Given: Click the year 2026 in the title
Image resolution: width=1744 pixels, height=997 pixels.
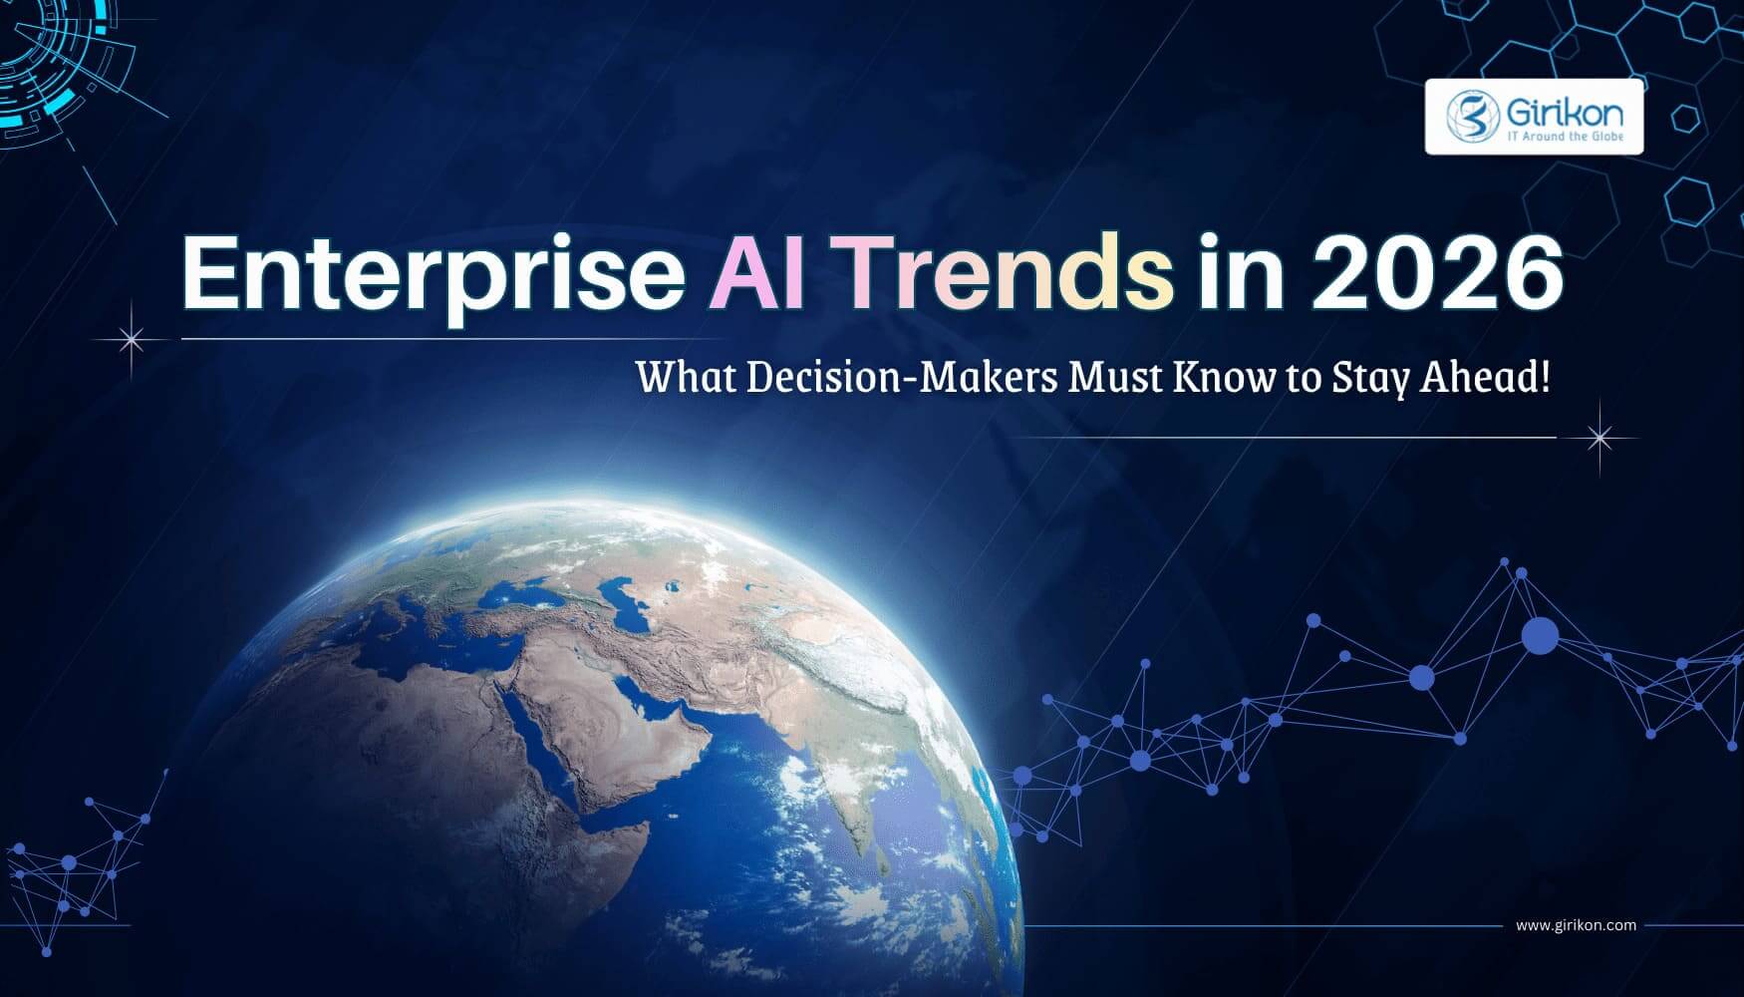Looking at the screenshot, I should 1435,272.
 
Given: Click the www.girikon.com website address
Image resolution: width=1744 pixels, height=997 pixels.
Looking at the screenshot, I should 1576,925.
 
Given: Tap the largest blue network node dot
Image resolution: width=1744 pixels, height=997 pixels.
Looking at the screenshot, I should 1540,635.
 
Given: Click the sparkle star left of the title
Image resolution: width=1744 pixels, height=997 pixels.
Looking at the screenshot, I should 131,340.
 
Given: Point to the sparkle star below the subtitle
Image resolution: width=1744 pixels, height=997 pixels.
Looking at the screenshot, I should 1599,437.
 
